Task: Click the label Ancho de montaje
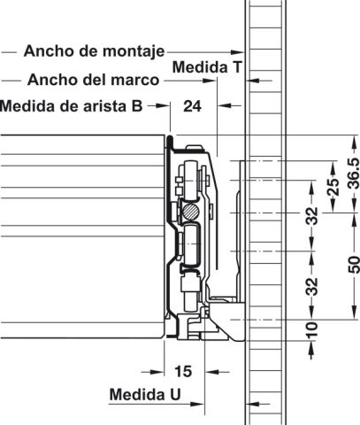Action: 94,51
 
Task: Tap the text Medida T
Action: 207,67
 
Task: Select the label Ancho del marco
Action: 94,80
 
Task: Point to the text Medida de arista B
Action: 72,105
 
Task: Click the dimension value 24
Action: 192,106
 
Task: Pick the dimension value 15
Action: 183,371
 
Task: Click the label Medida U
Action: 145,394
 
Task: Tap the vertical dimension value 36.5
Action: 353,174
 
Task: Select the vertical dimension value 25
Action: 333,188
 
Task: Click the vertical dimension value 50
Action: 353,265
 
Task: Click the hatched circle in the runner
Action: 190,212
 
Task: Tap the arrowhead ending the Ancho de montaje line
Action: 237,52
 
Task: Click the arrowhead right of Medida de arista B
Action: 163,105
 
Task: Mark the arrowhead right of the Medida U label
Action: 197,404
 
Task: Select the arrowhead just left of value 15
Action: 157,372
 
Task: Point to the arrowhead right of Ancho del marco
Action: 210,81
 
